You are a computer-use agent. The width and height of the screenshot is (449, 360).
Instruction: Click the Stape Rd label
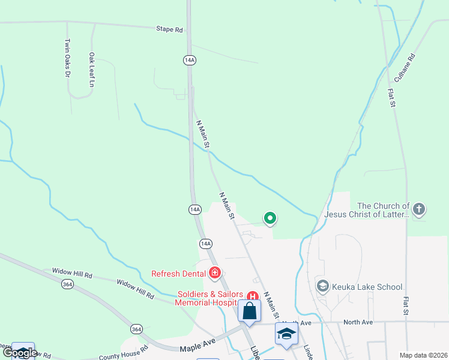(169, 29)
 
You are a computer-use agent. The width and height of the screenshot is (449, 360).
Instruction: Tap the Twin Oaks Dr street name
(67, 58)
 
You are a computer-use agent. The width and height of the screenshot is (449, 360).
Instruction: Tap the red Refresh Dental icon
(215, 274)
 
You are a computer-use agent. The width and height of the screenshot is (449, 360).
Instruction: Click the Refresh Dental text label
(178, 274)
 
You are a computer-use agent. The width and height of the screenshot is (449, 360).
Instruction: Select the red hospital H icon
(253, 295)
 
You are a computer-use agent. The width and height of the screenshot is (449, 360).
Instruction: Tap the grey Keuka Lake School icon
(323, 286)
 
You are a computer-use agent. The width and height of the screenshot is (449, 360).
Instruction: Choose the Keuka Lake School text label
(366, 287)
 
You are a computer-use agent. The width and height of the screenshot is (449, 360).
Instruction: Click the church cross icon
(419, 209)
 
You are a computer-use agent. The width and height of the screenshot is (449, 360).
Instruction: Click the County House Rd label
(124, 354)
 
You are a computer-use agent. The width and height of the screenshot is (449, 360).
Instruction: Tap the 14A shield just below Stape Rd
(189, 60)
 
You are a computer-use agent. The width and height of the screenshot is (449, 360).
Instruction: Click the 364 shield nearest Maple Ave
(137, 329)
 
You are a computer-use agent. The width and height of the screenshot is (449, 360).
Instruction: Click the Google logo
(20, 353)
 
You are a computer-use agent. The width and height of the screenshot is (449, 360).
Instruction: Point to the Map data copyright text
(423, 355)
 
